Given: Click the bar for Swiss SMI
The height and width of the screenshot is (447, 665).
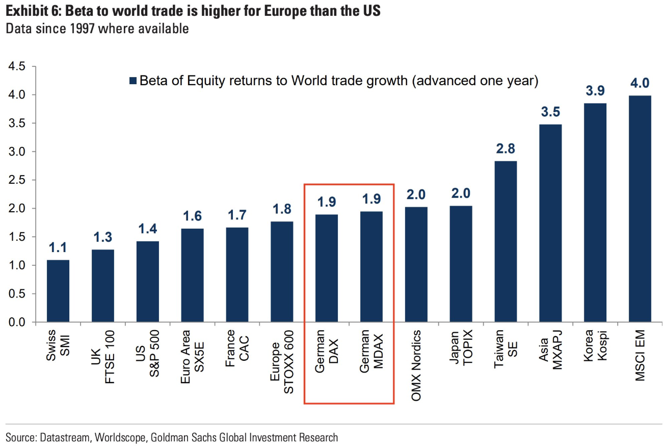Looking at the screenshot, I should pos(58,291).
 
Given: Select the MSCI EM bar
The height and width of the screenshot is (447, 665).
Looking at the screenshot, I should pos(640,209).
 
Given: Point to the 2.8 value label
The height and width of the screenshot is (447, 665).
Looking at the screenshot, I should pos(506,149).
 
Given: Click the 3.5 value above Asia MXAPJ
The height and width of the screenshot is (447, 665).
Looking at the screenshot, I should pos(550,112).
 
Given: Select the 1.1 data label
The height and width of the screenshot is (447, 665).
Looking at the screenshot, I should pos(58,248).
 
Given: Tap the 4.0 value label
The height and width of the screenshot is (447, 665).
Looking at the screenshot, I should pos(640,83).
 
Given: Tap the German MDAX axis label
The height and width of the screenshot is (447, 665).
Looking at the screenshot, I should pos(371,354).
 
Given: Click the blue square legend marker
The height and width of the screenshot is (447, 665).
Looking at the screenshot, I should pos(133,81).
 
